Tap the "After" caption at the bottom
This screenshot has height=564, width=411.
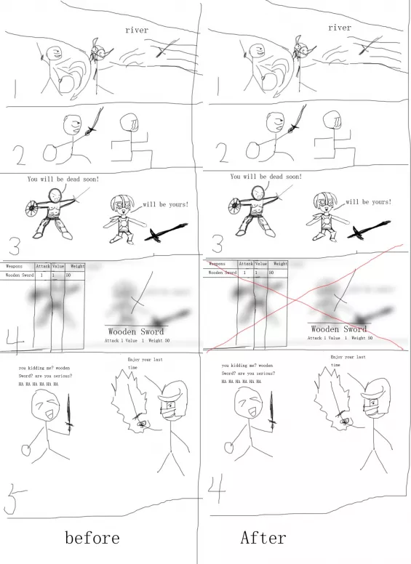tap(263, 538)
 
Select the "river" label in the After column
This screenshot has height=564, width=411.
tap(339, 28)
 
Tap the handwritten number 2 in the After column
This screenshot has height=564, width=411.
tap(220, 153)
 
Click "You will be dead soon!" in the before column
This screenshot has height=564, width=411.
tap(63, 179)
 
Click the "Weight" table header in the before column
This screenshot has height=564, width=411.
tap(77, 267)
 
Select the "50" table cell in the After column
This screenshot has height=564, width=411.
tap(271, 273)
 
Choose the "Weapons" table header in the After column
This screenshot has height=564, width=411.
tap(218, 264)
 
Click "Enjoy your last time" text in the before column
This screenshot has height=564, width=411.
tap(143, 363)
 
